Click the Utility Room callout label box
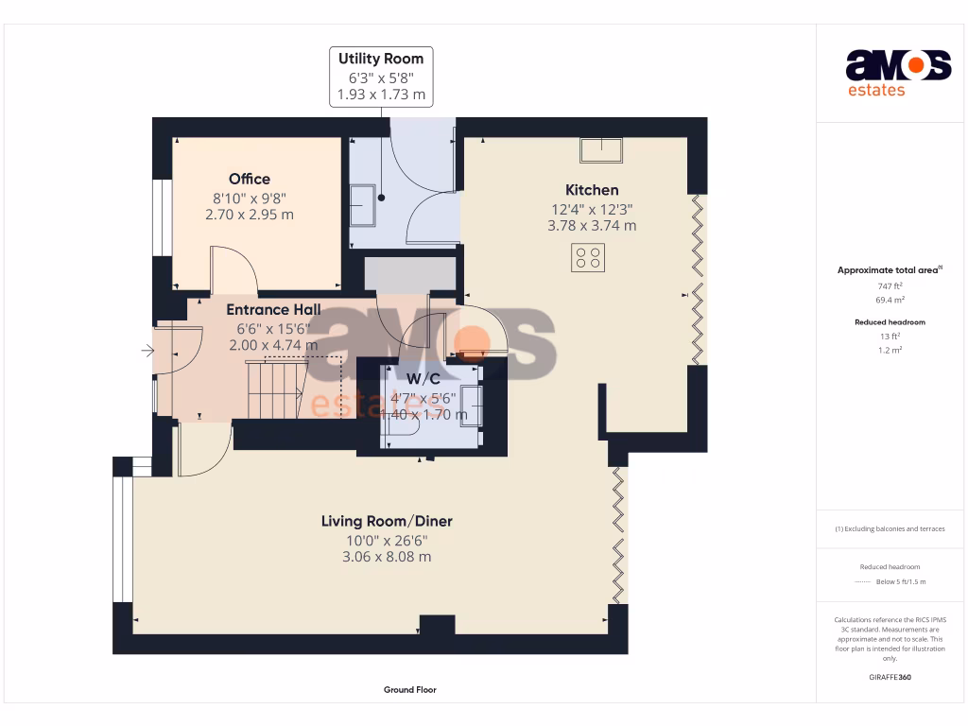coord(382,77)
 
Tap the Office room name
coord(250,179)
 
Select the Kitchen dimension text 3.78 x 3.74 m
coord(592,226)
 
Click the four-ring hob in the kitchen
coord(588,257)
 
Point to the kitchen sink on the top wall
coord(601,150)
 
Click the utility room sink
coord(362,205)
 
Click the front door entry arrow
coord(147,351)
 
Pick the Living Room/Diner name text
coord(387,521)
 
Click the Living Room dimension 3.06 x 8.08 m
coord(387,557)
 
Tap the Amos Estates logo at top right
coord(897,73)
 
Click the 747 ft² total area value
coord(890,285)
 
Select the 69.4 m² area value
coord(890,300)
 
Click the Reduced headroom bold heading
coord(890,322)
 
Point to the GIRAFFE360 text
coord(890,677)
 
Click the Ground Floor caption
coord(409,690)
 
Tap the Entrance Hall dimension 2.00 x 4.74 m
coord(273,345)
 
